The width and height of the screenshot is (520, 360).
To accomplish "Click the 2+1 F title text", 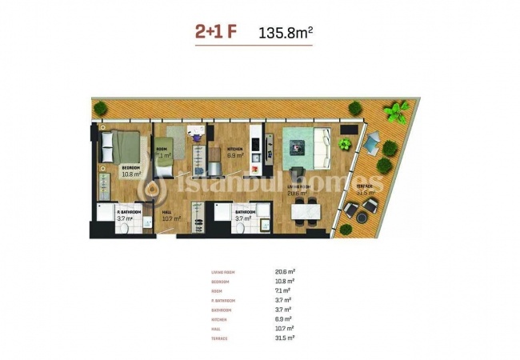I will click(x=215, y=33).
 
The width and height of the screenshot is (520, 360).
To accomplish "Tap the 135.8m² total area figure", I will click(x=286, y=33).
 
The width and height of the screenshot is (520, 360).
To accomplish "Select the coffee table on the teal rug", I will click(x=297, y=146).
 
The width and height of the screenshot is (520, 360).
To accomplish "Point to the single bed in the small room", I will click(x=174, y=144).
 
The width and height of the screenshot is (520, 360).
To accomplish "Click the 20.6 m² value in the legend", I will click(x=285, y=273).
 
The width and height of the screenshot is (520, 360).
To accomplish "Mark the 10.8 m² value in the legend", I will click(x=285, y=282).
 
